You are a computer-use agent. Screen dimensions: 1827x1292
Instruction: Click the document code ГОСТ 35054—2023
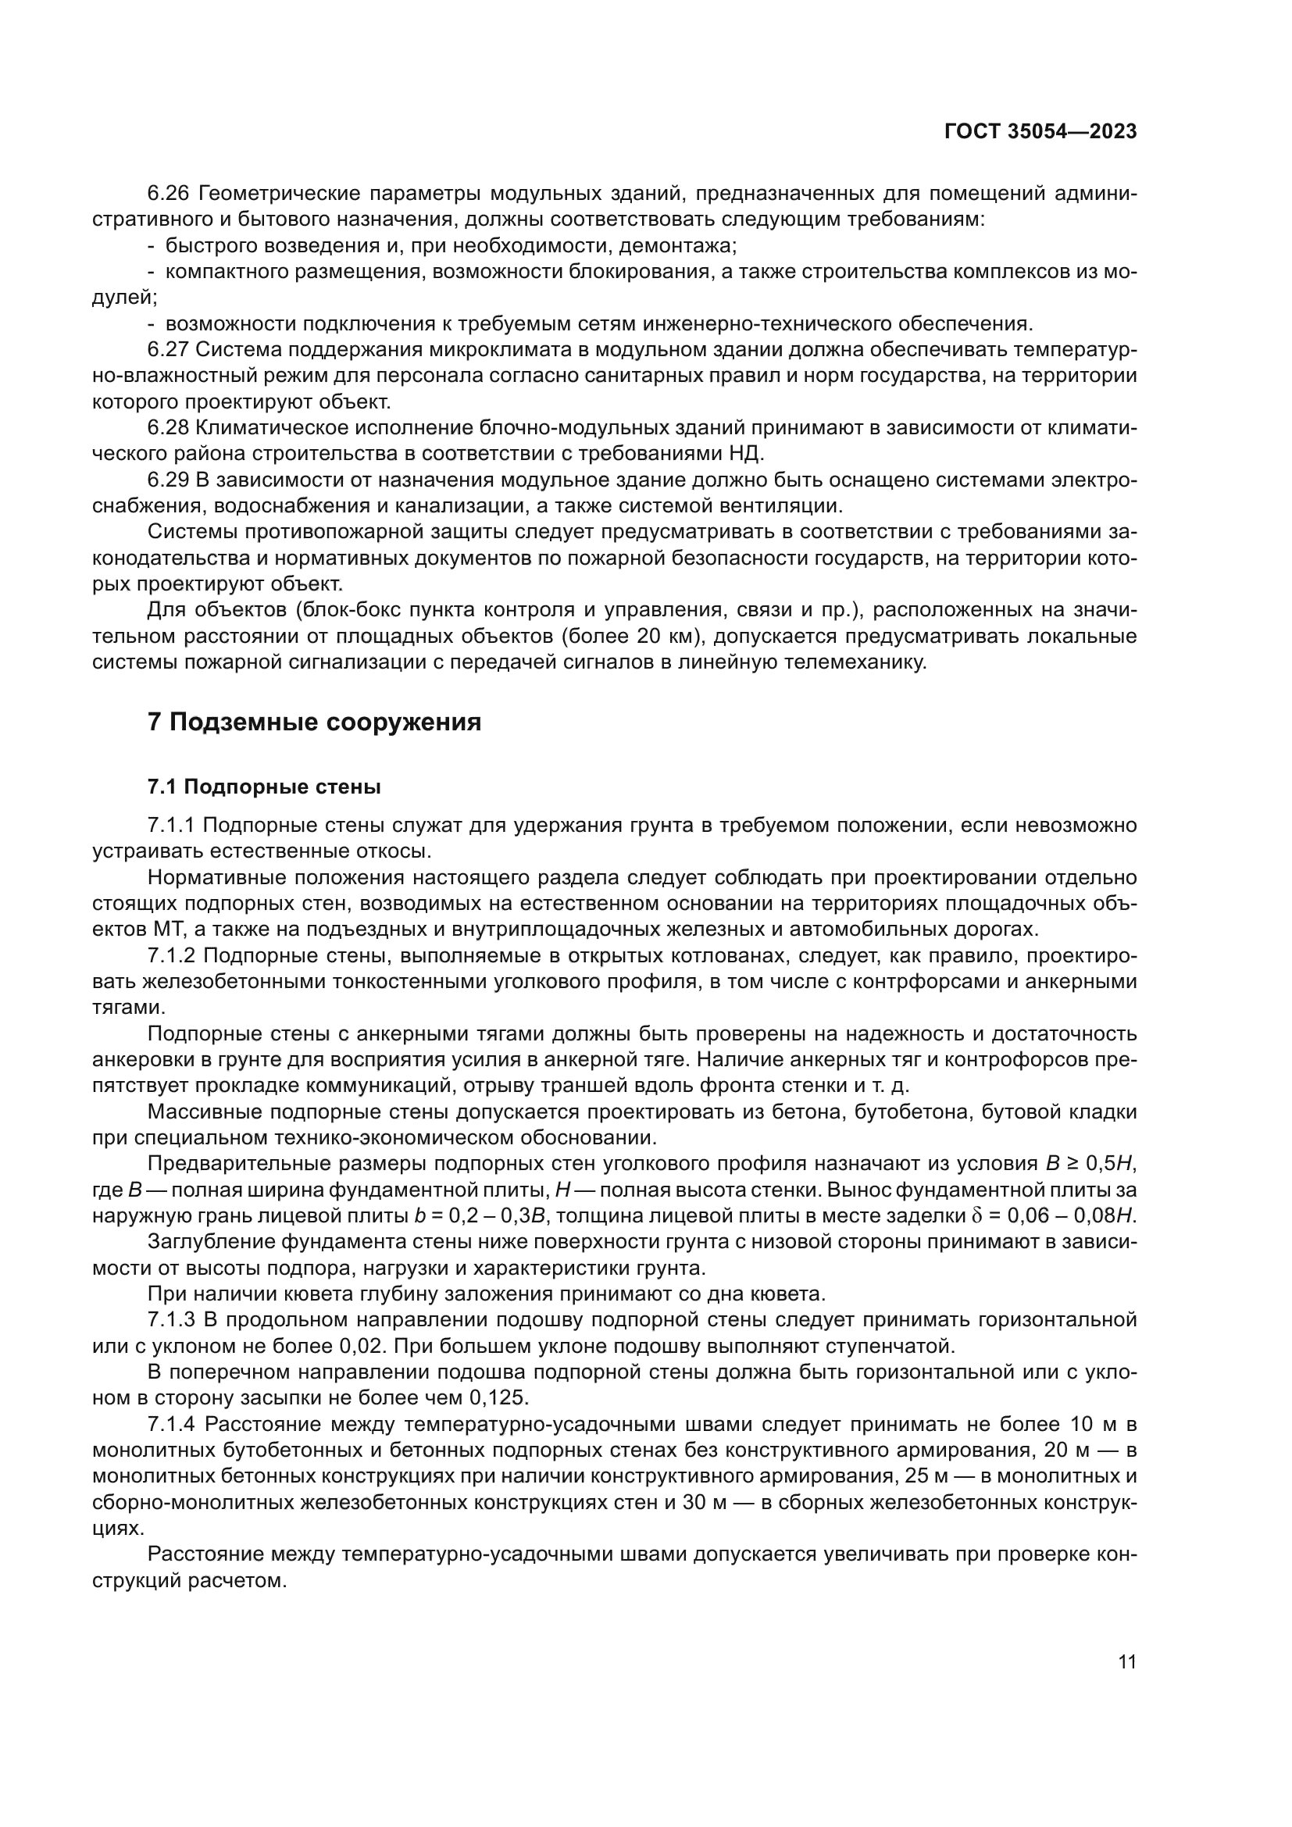pyautogui.click(x=1040, y=132)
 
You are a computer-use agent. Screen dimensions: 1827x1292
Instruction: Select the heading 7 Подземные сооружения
pyautogui.click(x=314, y=722)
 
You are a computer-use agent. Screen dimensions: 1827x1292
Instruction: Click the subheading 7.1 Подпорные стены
pyautogui.click(x=264, y=787)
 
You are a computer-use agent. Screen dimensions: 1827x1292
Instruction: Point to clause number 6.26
pyautogui.click(x=170, y=194)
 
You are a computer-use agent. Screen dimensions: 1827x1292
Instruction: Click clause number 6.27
pyautogui.click(x=169, y=349)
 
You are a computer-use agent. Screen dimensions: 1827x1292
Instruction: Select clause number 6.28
pyautogui.click(x=169, y=427)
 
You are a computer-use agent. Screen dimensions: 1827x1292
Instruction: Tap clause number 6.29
pyautogui.click(x=169, y=480)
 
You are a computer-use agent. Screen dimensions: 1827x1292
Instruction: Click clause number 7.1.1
pyautogui.click(x=173, y=825)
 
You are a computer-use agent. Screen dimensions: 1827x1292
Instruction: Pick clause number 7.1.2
pyautogui.click(x=173, y=955)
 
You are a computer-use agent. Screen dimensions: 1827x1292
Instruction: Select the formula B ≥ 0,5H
pyautogui.click(x=1091, y=1163)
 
